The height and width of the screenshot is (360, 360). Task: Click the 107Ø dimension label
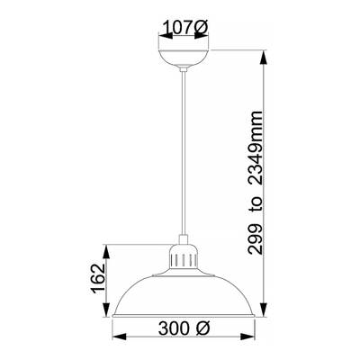click(x=184, y=28)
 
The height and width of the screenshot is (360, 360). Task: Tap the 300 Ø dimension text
click(x=184, y=328)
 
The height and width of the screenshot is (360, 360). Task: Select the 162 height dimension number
click(x=98, y=279)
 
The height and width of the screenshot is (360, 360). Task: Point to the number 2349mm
click(x=255, y=148)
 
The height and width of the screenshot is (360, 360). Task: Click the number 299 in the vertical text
click(x=255, y=239)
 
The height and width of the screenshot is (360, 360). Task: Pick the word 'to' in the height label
click(x=256, y=204)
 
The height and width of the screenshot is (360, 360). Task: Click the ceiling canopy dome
click(x=183, y=58)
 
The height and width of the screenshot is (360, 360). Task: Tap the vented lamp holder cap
click(x=183, y=256)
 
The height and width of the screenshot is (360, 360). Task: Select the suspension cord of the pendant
click(x=184, y=153)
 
